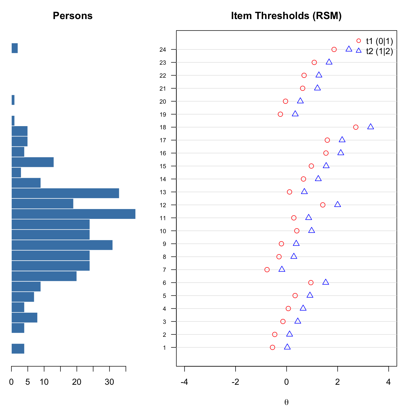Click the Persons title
click(x=73, y=16)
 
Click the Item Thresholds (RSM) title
click(x=286, y=16)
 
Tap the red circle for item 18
click(x=356, y=127)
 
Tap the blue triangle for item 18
click(x=370, y=127)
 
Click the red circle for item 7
click(x=267, y=270)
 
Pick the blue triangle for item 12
click(x=337, y=204)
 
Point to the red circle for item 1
click(x=272, y=347)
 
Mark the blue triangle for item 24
click(x=349, y=49)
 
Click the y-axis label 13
click(x=163, y=192)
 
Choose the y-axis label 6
click(x=164, y=283)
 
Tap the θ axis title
click(x=286, y=402)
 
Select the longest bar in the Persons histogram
click(x=73, y=214)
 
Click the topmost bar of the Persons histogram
click(x=15, y=48)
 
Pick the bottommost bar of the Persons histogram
click(x=18, y=348)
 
